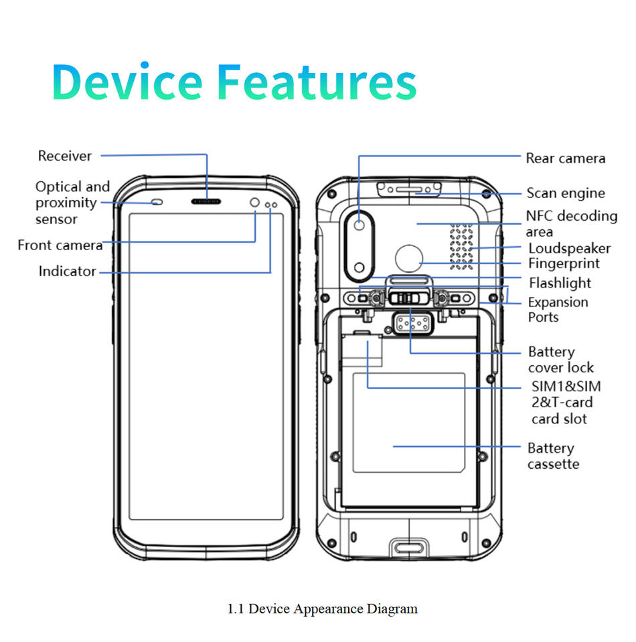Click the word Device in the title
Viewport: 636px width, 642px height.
tap(127, 82)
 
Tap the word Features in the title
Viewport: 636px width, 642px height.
tap(317, 82)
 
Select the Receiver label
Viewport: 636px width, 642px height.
tap(65, 156)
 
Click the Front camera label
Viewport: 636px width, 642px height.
tap(60, 245)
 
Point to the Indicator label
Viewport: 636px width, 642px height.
tap(67, 271)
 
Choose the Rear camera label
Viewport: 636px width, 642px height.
tap(566, 158)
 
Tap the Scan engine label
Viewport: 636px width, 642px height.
tap(566, 193)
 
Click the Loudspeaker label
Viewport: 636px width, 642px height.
tap(569, 249)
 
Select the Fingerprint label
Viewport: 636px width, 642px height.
tap(564, 263)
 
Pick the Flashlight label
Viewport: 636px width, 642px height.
tap(560, 283)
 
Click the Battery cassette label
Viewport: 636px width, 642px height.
tap(553, 455)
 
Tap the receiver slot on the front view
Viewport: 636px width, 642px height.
tap(206, 201)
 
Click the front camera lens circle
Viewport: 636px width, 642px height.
tap(254, 202)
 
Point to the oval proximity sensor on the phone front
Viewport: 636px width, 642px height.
tap(157, 202)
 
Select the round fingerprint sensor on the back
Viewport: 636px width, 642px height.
tap(409, 258)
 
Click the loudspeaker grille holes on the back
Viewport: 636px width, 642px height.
tap(461, 247)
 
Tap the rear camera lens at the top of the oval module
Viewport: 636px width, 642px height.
tap(360, 225)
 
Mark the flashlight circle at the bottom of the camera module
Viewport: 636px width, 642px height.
tap(360, 267)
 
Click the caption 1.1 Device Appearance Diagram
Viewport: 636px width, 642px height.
tap(323, 609)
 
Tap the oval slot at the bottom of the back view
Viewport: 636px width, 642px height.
tap(409, 548)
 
